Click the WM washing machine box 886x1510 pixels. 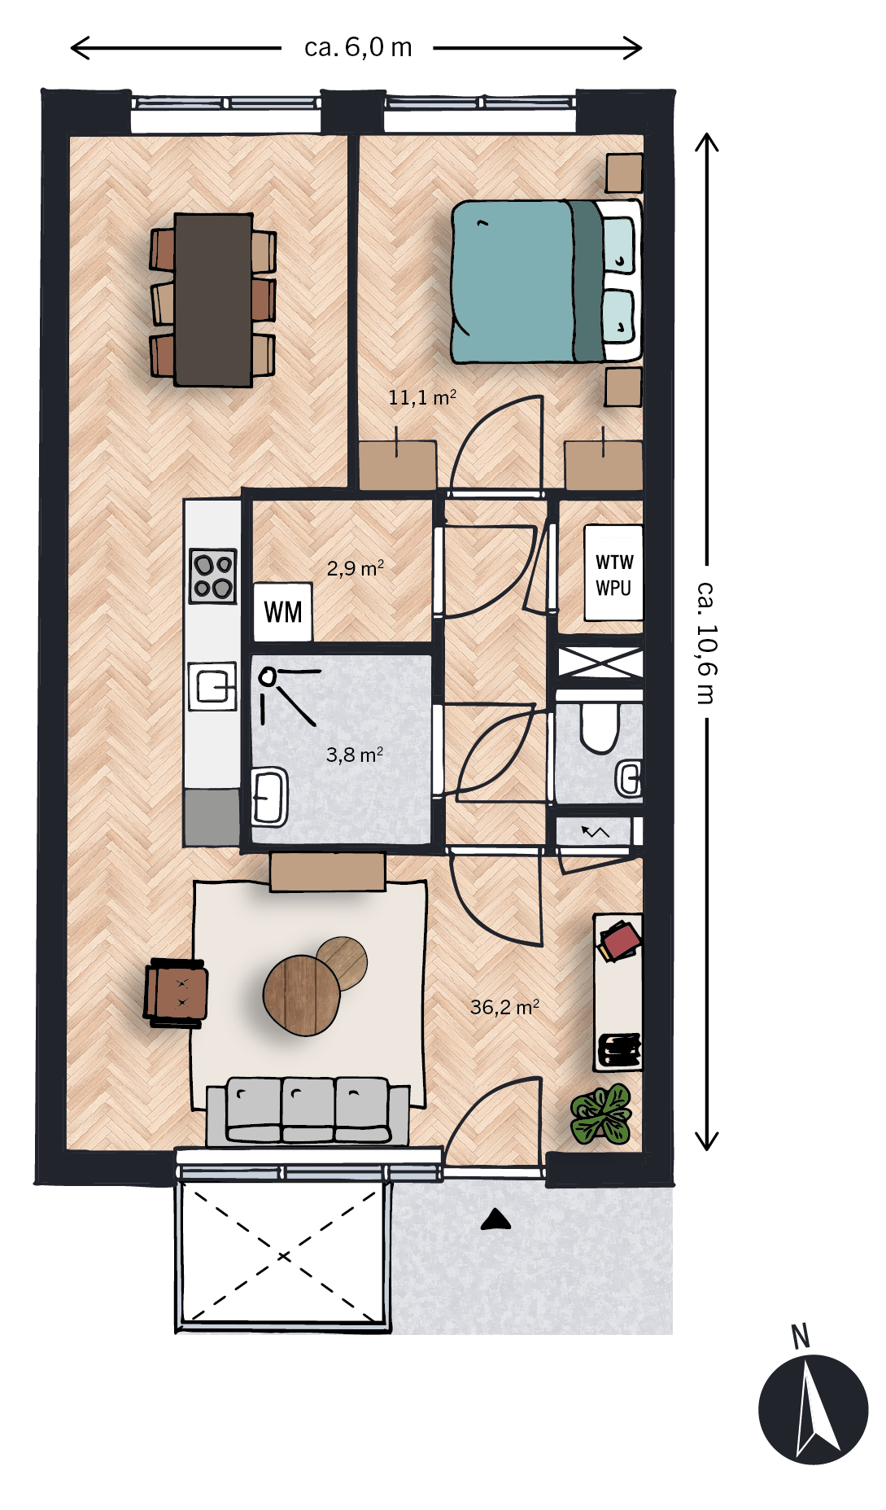[282, 611]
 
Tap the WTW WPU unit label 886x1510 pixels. [613, 574]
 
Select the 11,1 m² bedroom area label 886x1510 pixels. [421, 397]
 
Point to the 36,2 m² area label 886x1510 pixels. [504, 1007]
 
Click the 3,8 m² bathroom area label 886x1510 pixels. [354, 755]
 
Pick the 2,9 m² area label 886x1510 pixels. [355, 568]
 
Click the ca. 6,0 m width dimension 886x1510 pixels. [357, 48]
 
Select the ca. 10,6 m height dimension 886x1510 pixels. [707, 641]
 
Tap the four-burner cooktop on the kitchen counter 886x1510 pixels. [213, 576]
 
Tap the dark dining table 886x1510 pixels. [213, 300]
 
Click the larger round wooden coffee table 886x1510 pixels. [302, 995]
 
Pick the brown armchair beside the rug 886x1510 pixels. [176, 992]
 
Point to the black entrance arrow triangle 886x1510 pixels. [495, 1219]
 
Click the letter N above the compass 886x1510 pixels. [801, 1337]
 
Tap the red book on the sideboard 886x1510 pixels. [620, 943]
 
